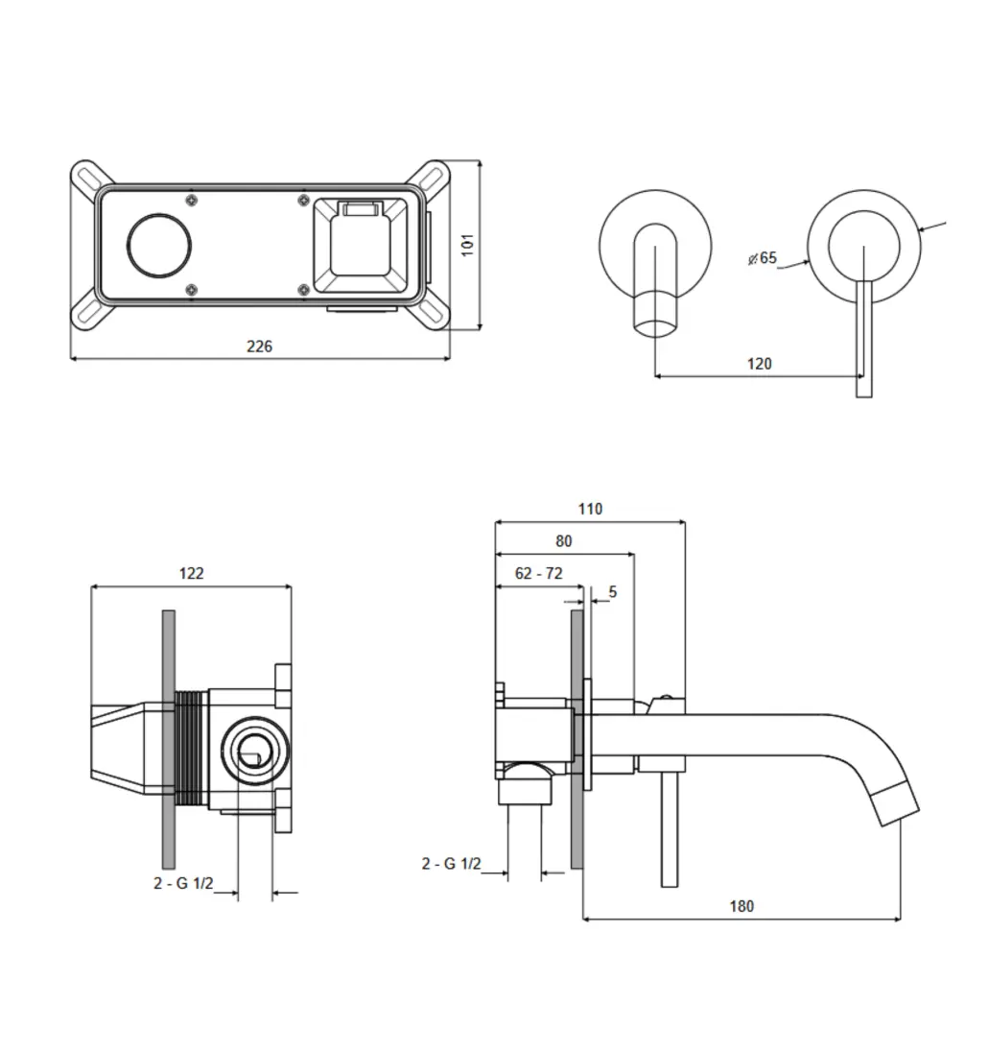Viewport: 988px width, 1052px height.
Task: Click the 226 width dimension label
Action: pos(259,347)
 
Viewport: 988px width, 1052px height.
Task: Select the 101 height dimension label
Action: pos(467,244)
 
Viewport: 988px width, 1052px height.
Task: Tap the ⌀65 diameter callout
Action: pos(763,258)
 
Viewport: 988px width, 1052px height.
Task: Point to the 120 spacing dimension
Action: pos(759,364)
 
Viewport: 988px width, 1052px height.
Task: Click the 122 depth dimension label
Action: pos(191,573)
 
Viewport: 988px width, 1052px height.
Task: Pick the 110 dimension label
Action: pos(590,509)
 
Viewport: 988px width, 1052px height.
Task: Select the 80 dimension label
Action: pos(563,541)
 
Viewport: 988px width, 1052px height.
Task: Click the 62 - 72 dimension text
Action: pos(538,573)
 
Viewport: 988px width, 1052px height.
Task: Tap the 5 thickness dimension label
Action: pos(613,592)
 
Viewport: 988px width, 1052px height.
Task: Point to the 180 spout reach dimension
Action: pos(741,906)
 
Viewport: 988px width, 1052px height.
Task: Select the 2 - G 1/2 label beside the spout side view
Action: pos(451,864)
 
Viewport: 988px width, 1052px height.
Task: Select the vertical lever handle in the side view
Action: pos(669,825)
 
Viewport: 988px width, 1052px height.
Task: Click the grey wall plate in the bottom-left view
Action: pos(169,739)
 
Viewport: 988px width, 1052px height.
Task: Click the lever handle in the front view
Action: pos(864,336)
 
